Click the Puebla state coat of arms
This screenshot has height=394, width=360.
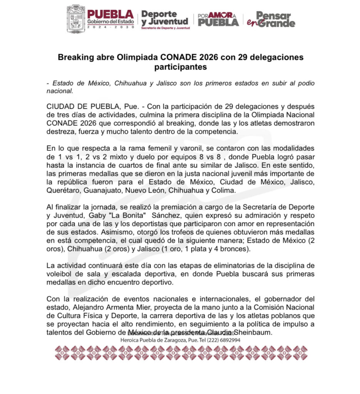(76, 18)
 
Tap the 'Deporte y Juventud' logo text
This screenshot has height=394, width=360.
(165, 18)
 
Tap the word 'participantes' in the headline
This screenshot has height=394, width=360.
(181, 67)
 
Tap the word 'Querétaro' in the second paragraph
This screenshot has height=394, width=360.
(62, 190)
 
